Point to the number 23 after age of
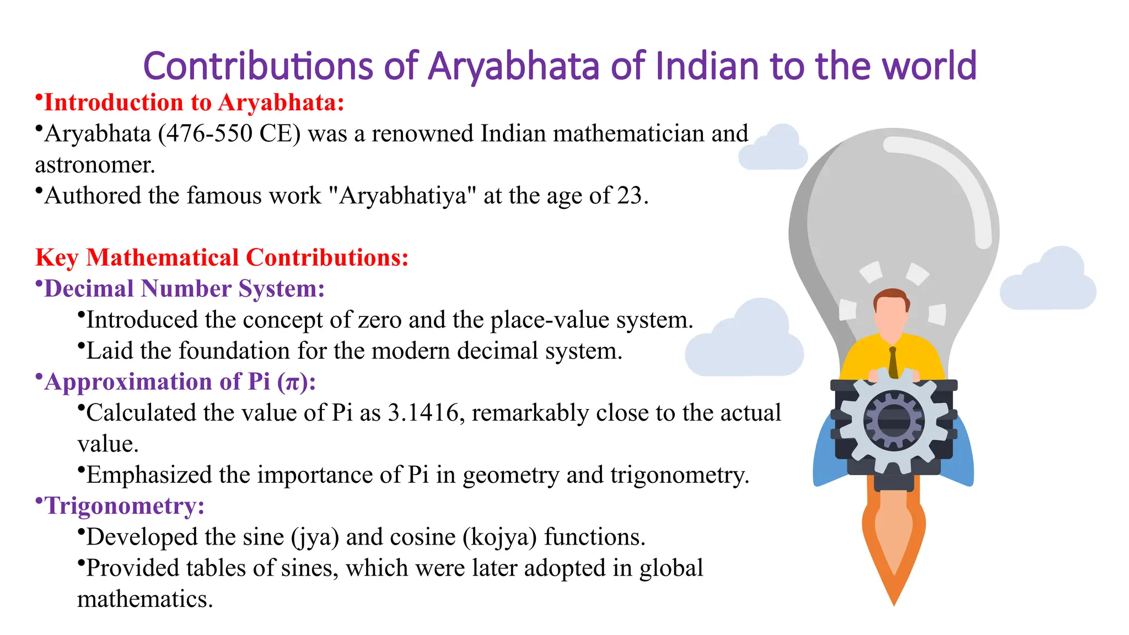pos(630,196)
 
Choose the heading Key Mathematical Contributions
pos(222,258)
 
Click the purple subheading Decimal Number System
pos(184,289)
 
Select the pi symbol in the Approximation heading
pos(290,382)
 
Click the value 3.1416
pos(423,413)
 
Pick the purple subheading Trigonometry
pos(125,506)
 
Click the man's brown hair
pos(891,297)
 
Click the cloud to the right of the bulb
pos(1047,281)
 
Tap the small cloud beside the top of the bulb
pos(773,149)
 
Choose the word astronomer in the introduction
pos(95,165)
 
